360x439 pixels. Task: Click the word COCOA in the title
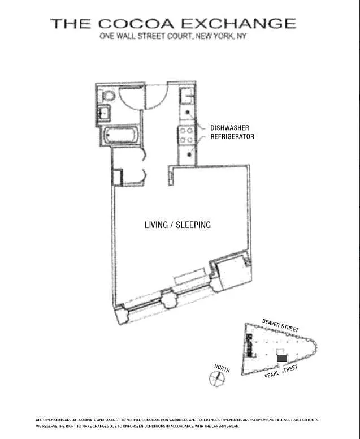(136, 24)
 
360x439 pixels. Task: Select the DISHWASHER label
(229, 128)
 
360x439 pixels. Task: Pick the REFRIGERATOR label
(232, 137)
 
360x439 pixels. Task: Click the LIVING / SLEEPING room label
(177, 225)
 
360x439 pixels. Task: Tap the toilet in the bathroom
(109, 96)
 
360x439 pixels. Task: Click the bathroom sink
(103, 113)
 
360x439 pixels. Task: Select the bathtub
(121, 135)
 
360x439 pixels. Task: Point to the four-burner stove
(186, 135)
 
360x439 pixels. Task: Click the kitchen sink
(186, 97)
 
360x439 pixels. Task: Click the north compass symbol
(217, 378)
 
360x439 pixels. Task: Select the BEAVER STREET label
(280, 325)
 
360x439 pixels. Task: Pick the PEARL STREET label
(281, 372)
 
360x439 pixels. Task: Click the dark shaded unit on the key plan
(282, 358)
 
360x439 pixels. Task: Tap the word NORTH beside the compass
(222, 368)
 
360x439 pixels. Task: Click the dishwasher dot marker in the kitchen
(188, 112)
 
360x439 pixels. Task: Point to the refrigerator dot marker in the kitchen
(189, 154)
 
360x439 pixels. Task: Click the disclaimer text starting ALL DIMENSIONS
(177, 423)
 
